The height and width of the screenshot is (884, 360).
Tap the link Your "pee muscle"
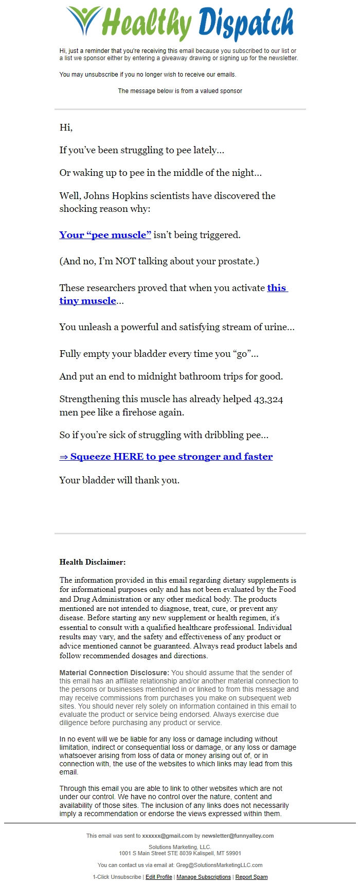[x=105, y=235]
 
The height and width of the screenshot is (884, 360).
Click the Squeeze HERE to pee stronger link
[x=166, y=457]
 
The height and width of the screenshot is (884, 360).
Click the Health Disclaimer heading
[x=93, y=562]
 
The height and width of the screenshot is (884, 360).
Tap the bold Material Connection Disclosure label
[x=114, y=673]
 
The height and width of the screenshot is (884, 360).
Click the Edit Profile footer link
[x=158, y=877]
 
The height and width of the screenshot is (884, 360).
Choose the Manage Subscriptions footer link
[x=204, y=877]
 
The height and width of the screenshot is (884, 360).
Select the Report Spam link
[x=251, y=877]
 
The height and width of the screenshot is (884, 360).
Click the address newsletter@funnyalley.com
[x=238, y=836]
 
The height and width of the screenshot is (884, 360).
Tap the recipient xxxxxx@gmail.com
[x=168, y=836]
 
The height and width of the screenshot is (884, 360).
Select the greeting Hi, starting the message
[x=66, y=128]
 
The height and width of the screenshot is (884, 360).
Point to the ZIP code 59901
[x=233, y=853]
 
